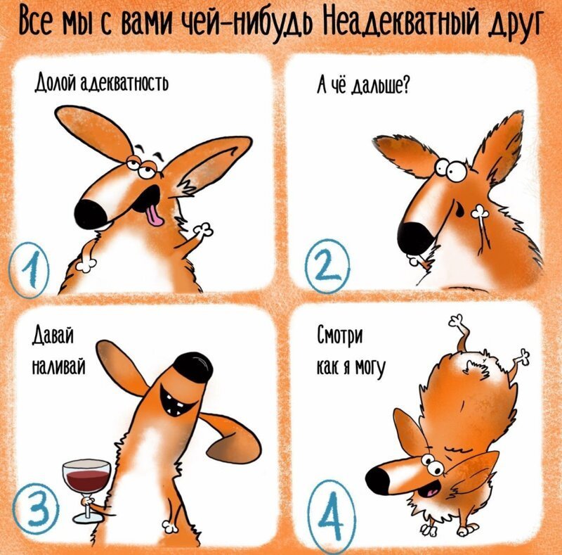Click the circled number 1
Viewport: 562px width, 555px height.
(x=30, y=270)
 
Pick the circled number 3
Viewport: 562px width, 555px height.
(x=36, y=508)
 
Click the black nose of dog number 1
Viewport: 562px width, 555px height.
(x=91, y=215)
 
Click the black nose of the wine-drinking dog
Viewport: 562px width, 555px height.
(x=194, y=366)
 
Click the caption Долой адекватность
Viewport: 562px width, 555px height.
(x=101, y=84)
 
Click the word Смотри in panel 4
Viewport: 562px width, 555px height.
(x=339, y=336)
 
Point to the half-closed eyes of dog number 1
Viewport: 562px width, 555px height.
(x=140, y=167)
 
